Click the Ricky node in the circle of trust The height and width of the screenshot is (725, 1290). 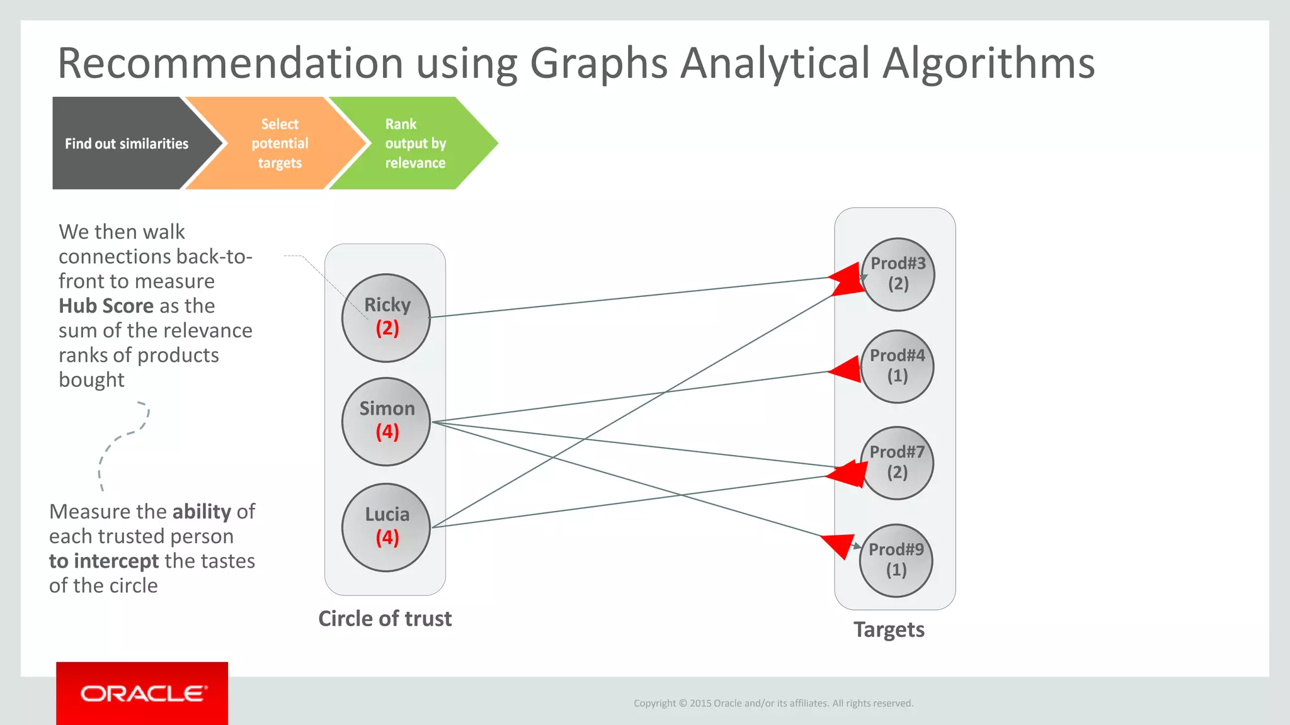(x=386, y=318)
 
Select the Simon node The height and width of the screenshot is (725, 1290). (x=386, y=422)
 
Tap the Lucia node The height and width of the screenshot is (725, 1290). (x=386, y=527)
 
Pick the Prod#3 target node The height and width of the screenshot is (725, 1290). (x=898, y=274)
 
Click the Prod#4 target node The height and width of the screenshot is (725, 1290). (x=898, y=366)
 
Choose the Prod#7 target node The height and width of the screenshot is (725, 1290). (x=897, y=463)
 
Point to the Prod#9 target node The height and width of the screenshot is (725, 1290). (x=896, y=560)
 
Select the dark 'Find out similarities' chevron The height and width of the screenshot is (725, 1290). (x=127, y=143)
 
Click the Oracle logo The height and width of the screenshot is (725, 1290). (x=142, y=694)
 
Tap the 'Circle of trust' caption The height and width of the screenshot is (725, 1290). (x=385, y=619)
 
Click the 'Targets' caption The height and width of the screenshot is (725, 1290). (x=889, y=630)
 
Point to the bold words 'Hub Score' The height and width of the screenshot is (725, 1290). (x=106, y=306)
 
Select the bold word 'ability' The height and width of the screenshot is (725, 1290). (x=202, y=512)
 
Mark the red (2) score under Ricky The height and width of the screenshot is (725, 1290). (x=387, y=329)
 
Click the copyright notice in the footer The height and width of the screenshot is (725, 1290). (x=773, y=704)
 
